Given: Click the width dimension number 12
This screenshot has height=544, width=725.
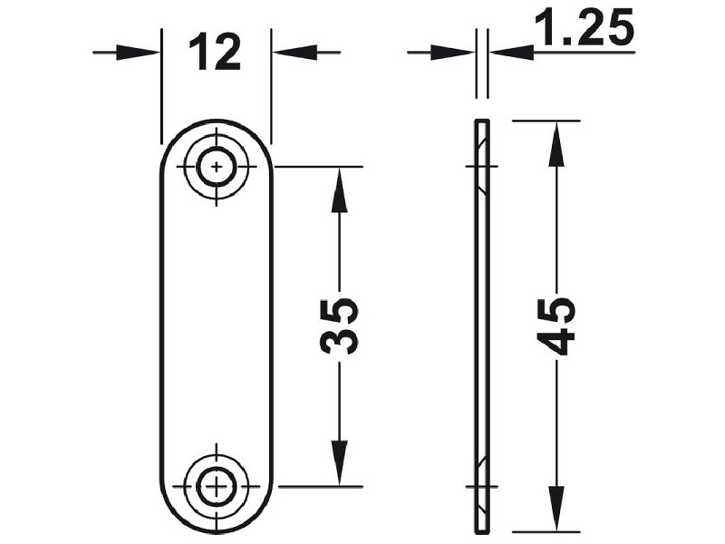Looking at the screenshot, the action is click(215, 53).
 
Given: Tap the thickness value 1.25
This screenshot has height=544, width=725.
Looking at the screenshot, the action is click(584, 28).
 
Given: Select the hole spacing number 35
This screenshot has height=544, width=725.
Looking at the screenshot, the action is click(339, 327).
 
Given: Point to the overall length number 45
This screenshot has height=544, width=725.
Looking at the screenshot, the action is click(556, 326).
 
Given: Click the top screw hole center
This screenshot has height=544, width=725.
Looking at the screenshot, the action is click(217, 167).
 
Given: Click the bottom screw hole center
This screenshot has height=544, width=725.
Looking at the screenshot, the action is click(217, 487).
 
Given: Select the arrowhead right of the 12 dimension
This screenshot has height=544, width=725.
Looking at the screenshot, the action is click(295, 53).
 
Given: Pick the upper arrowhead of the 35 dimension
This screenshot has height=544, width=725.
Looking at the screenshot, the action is click(339, 189).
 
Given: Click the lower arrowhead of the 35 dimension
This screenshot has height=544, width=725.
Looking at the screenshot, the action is click(339, 462).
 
